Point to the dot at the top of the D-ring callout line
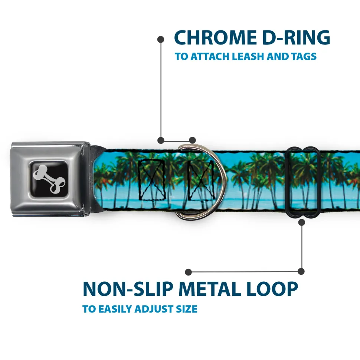click(161, 39)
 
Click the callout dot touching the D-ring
click(192, 140)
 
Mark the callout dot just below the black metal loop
click(301, 222)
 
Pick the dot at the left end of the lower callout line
click(189, 272)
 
